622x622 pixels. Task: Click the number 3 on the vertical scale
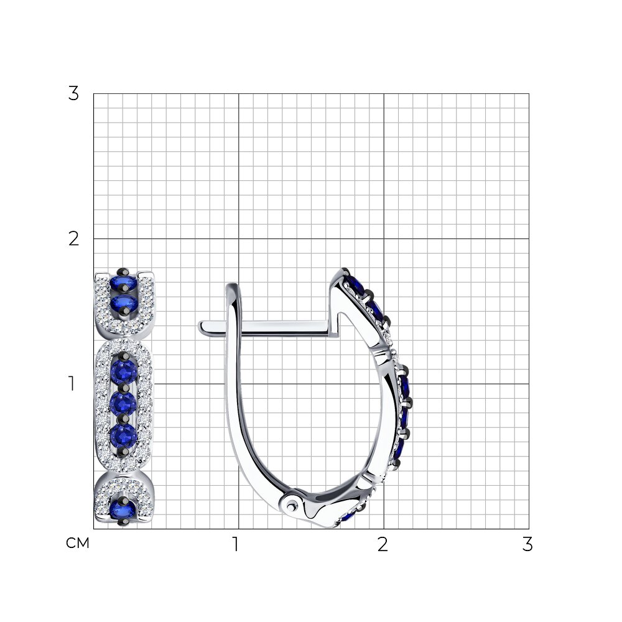click(73, 94)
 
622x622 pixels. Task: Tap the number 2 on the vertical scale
click(74, 239)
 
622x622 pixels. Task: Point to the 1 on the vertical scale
click(72, 384)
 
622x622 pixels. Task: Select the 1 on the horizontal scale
click(236, 544)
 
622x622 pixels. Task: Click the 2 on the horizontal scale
click(383, 544)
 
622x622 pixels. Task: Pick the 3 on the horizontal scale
click(527, 544)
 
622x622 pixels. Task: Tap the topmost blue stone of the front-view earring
click(123, 283)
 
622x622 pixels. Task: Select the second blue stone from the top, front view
click(124, 304)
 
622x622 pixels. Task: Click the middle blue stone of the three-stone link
click(123, 404)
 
